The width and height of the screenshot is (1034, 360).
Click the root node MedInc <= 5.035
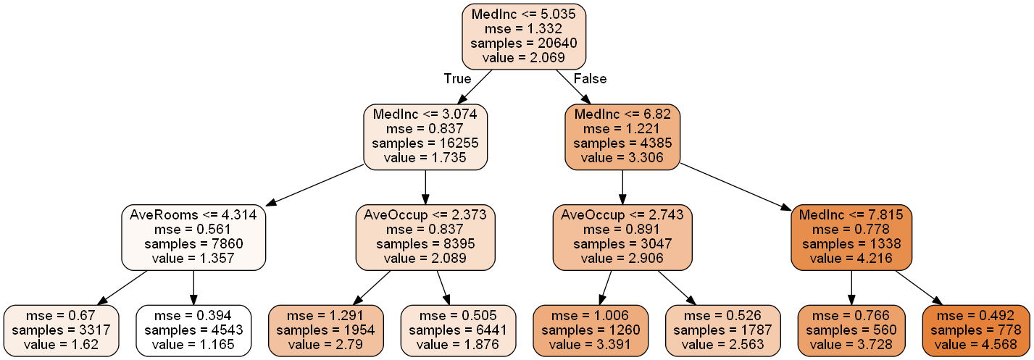click(523, 36)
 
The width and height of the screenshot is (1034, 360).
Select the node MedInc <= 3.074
click(425, 136)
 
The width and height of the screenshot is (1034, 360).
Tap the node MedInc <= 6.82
click(622, 136)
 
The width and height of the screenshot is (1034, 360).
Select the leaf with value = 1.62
click(61, 330)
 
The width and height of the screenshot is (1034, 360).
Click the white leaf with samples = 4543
click(193, 330)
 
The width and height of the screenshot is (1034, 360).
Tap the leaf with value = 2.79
click(325, 330)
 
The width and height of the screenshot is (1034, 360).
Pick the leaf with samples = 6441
click(458, 330)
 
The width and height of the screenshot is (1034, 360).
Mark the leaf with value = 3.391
click(589, 330)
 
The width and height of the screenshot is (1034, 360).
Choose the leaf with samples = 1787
click(722, 330)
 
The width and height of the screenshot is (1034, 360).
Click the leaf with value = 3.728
click(851, 330)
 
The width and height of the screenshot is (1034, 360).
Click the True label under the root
click(457, 78)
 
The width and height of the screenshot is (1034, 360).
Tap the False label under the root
click(589, 78)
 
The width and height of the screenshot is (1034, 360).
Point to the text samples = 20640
click(523, 43)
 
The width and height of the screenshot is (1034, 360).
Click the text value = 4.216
click(851, 257)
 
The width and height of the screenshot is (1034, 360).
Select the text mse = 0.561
click(193, 230)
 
